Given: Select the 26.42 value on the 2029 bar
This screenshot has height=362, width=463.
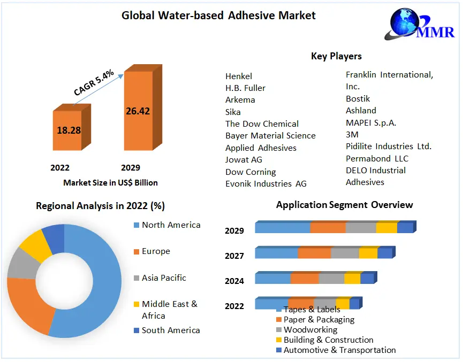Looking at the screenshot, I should [x=138, y=111].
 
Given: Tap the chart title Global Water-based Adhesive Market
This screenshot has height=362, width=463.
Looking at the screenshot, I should [x=218, y=15].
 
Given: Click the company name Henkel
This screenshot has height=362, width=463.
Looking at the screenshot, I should [x=239, y=76].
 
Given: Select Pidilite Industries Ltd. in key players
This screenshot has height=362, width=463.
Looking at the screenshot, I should [x=388, y=146].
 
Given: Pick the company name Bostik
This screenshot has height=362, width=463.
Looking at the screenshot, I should [x=358, y=98].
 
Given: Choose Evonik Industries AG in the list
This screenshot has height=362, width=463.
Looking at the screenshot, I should [x=266, y=183].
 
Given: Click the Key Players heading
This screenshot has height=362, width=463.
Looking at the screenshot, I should [x=336, y=56].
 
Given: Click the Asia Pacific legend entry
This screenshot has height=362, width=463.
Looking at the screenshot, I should [x=164, y=278].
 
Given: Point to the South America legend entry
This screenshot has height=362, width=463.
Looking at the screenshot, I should [x=170, y=330].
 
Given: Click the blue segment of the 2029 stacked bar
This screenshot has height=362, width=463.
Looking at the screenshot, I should [x=282, y=228].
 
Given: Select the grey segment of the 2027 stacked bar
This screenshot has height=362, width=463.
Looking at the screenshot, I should [x=345, y=253].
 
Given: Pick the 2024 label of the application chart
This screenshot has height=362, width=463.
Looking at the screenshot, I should [x=234, y=281].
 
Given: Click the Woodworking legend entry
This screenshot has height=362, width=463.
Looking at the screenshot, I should [x=310, y=329].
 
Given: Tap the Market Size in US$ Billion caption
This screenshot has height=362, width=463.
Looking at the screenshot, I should [x=110, y=182].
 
